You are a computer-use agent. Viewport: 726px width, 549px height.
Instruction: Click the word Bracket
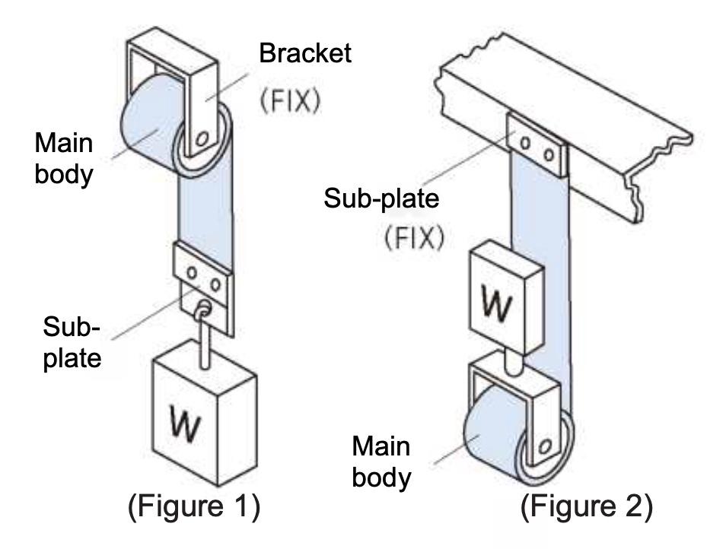(305, 53)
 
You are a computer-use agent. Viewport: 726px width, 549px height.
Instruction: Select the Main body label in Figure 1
(63, 158)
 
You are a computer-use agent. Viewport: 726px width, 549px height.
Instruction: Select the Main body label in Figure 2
(380, 462)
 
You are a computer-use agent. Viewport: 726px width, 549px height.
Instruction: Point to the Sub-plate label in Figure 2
(381, 199)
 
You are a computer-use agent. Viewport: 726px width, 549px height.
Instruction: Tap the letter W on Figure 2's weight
(502, 305)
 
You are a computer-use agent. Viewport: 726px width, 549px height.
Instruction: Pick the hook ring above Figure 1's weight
(202, 310)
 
